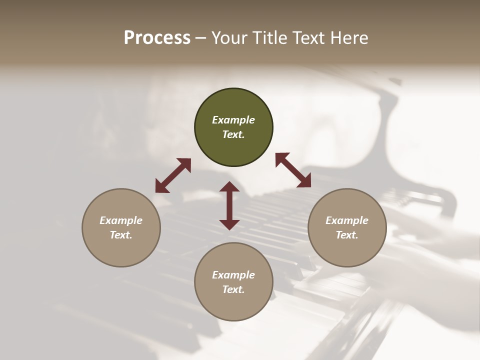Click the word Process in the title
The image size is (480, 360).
(x=157, y=38)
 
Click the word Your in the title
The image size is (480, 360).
(x=229, y=38)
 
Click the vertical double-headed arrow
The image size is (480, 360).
(x=229, y=205)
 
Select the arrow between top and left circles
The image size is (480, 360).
(x=173, y=175)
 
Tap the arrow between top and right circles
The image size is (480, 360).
(x=293, y=170)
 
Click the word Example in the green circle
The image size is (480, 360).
(x=233, y=120)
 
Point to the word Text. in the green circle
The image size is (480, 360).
(x=233, y=134)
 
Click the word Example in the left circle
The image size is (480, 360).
(x=121, y=220)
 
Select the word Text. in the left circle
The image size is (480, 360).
(x=121, y=235)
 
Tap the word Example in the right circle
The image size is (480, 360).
(x=347, y=220)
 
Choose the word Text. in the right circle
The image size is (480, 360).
(x=347, y=235)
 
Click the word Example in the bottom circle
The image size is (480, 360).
(x=233, y=275)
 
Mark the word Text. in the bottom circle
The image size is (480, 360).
(x=233, y=289)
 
